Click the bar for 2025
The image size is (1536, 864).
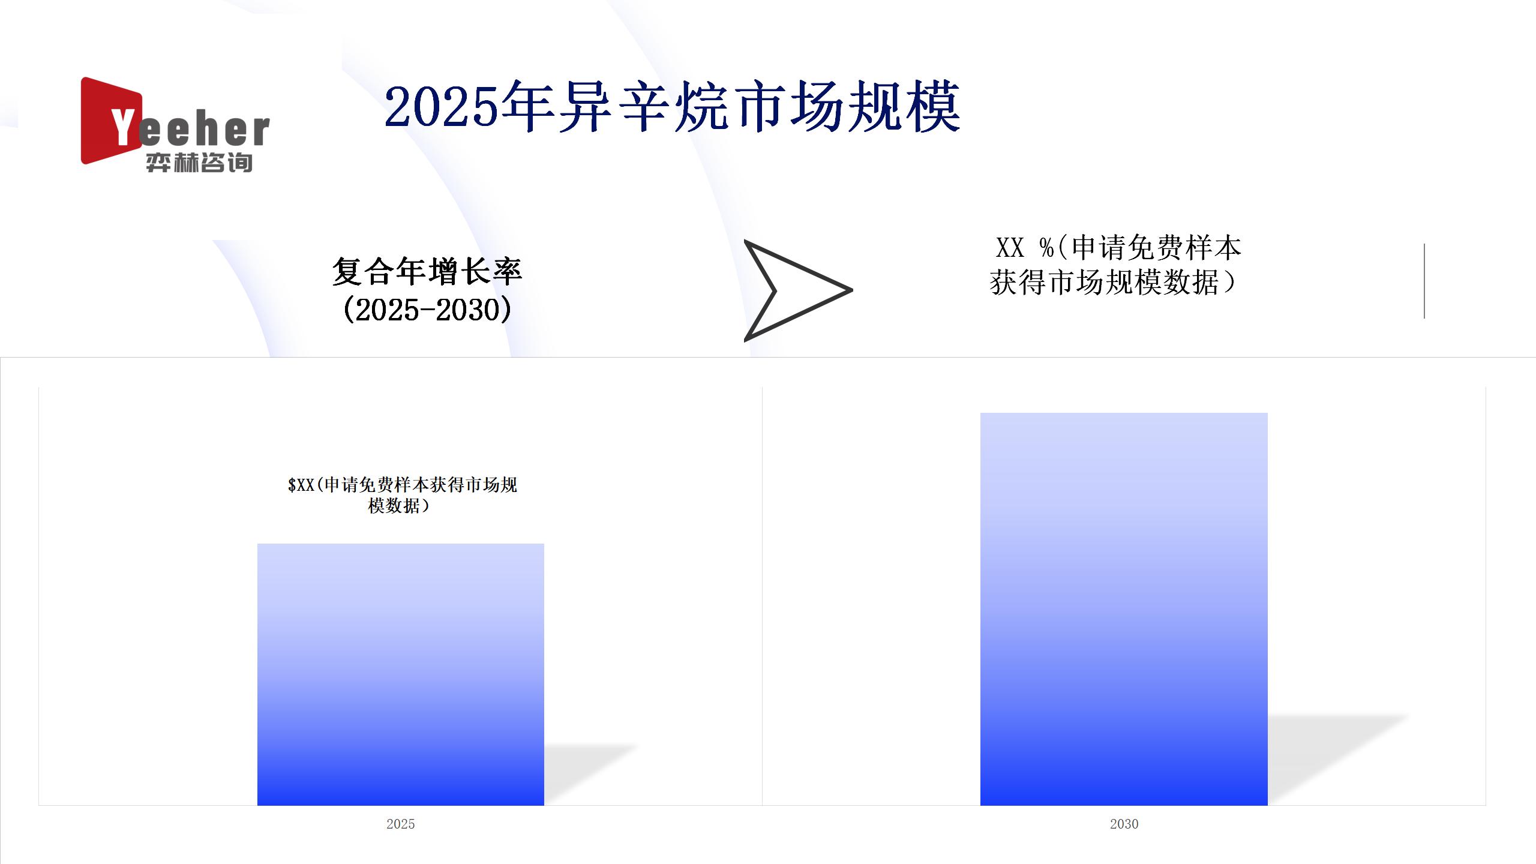401,674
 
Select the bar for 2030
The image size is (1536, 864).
1124,609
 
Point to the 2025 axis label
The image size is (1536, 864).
401,824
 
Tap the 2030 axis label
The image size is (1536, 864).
1124,824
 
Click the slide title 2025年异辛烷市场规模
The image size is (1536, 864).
673,108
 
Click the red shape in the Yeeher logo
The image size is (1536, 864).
111,121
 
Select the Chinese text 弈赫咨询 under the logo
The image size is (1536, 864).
199,162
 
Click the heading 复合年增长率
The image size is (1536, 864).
427,271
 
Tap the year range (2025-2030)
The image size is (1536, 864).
427,310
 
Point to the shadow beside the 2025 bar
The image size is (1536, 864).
591,775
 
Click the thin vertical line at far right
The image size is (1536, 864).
1424,281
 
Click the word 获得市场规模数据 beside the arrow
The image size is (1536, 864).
1105,283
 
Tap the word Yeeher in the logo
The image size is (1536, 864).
189,128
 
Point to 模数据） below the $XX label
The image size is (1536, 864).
400,506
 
